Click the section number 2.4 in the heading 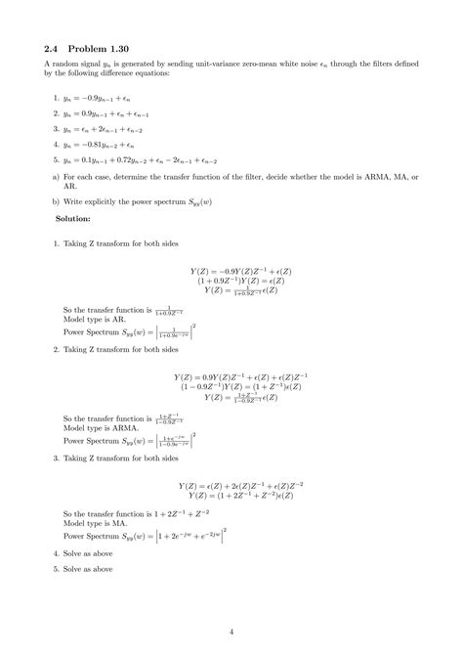click(x=53, y=46)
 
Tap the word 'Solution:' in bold click(x=74, y=218)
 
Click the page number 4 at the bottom click(x=231, y=631)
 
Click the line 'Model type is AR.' click(x=94, y=318)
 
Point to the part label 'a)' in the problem click(x=55, y=177)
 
